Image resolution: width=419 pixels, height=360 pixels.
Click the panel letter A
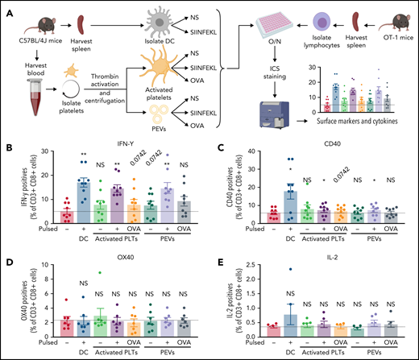7,6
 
